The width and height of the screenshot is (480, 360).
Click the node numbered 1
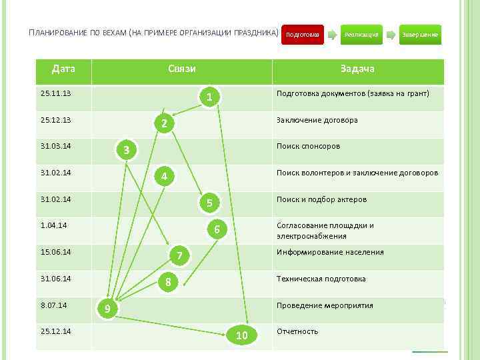coord(209,98)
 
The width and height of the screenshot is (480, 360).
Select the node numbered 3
coord(126,150)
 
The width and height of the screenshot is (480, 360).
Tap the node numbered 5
coord(209,203)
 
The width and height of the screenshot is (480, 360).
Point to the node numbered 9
coord(107,309)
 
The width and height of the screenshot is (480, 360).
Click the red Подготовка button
coord(302,34)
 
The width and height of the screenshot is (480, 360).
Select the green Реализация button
coord(361,34)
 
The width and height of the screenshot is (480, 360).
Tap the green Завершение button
coord(420,34)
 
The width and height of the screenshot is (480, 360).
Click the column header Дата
coord(64,69)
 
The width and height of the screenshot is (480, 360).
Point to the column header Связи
coord(181,69)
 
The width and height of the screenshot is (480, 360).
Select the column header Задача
coord(357,69)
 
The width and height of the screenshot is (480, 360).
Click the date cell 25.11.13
coord(56,93)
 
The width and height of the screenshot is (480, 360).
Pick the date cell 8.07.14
coord(53,305)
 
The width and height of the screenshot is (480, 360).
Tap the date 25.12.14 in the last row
coord(56,331)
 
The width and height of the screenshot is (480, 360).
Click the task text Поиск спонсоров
coord(308,146)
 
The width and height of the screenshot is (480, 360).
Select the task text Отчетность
coord(297,331)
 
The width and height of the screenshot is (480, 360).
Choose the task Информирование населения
coord(330,252)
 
